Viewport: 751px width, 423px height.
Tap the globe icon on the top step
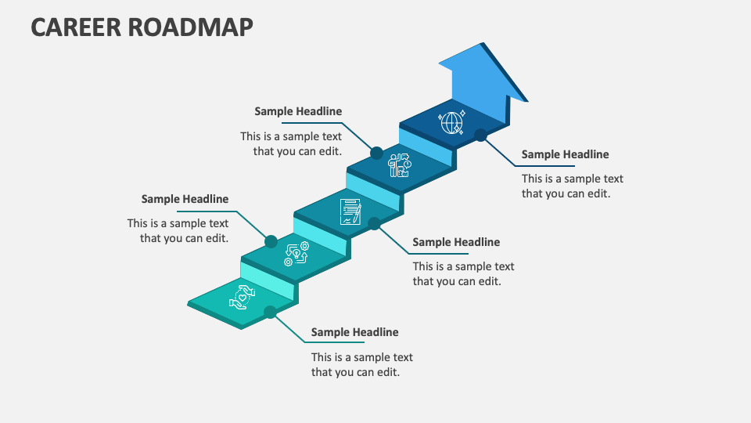point(451,122)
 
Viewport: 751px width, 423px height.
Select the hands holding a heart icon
point(243,298)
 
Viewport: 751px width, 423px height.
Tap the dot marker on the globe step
point(481,136)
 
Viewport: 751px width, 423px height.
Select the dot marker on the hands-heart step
point(270,312)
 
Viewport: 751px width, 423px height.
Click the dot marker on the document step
point(375,224)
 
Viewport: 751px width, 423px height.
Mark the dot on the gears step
point(271,241)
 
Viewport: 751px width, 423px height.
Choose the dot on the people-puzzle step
point(376,153)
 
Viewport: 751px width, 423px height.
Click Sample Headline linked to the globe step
point(565,154)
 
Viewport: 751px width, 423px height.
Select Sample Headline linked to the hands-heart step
point(354,332)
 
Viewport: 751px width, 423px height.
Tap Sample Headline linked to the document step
point(456,242)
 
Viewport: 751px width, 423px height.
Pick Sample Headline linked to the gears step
point(185,199)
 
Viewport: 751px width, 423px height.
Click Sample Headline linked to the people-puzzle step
point(298,111)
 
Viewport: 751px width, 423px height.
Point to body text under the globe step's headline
point(572,186)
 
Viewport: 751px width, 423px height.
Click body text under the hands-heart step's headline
point(361,364)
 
